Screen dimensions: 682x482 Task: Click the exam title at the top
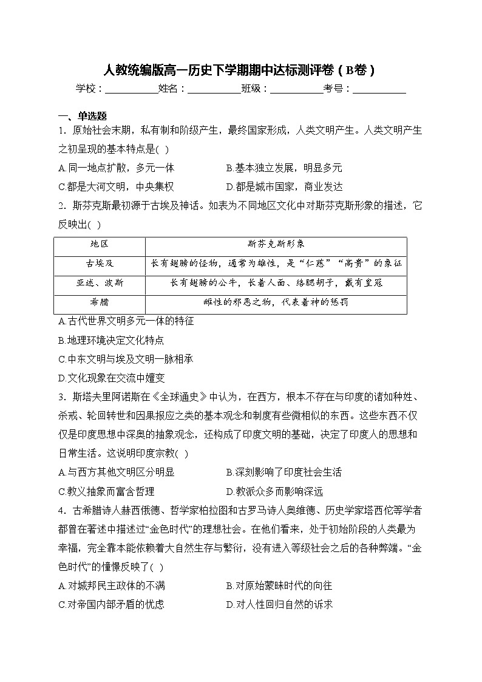pyautogui.click(x=240, y=70)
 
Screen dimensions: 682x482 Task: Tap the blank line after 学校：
pyautogui.click(x=131, y=90)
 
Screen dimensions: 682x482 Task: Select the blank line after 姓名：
pyautogui.click(x=214, y=90)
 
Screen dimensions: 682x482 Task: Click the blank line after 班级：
pyautogui.click(x=296, y=90)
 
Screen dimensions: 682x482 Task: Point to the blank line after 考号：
pyautogui.click(x=379, y=90)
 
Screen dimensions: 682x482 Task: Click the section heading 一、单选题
pyautogui.click(x=83, y=116)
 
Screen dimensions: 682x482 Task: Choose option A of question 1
pyautogui.click(x=116, y=168)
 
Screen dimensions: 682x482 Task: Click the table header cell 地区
pyautogui.click(x=100, y=244)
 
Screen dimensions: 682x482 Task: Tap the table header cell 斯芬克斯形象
pyautogui.click(x=276, y=244)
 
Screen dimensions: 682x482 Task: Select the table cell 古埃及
pyautogui.click(x=100, y=264)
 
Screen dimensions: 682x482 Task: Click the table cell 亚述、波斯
pyautogui.click(x=100, y=283)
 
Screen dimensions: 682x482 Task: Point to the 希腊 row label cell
pyautogui.click(x=100, y=302)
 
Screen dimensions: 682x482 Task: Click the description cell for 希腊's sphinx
pyautogui.click(x=276, y=302)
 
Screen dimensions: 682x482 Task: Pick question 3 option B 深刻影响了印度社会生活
pyautogui.click(x=283, y=472)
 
